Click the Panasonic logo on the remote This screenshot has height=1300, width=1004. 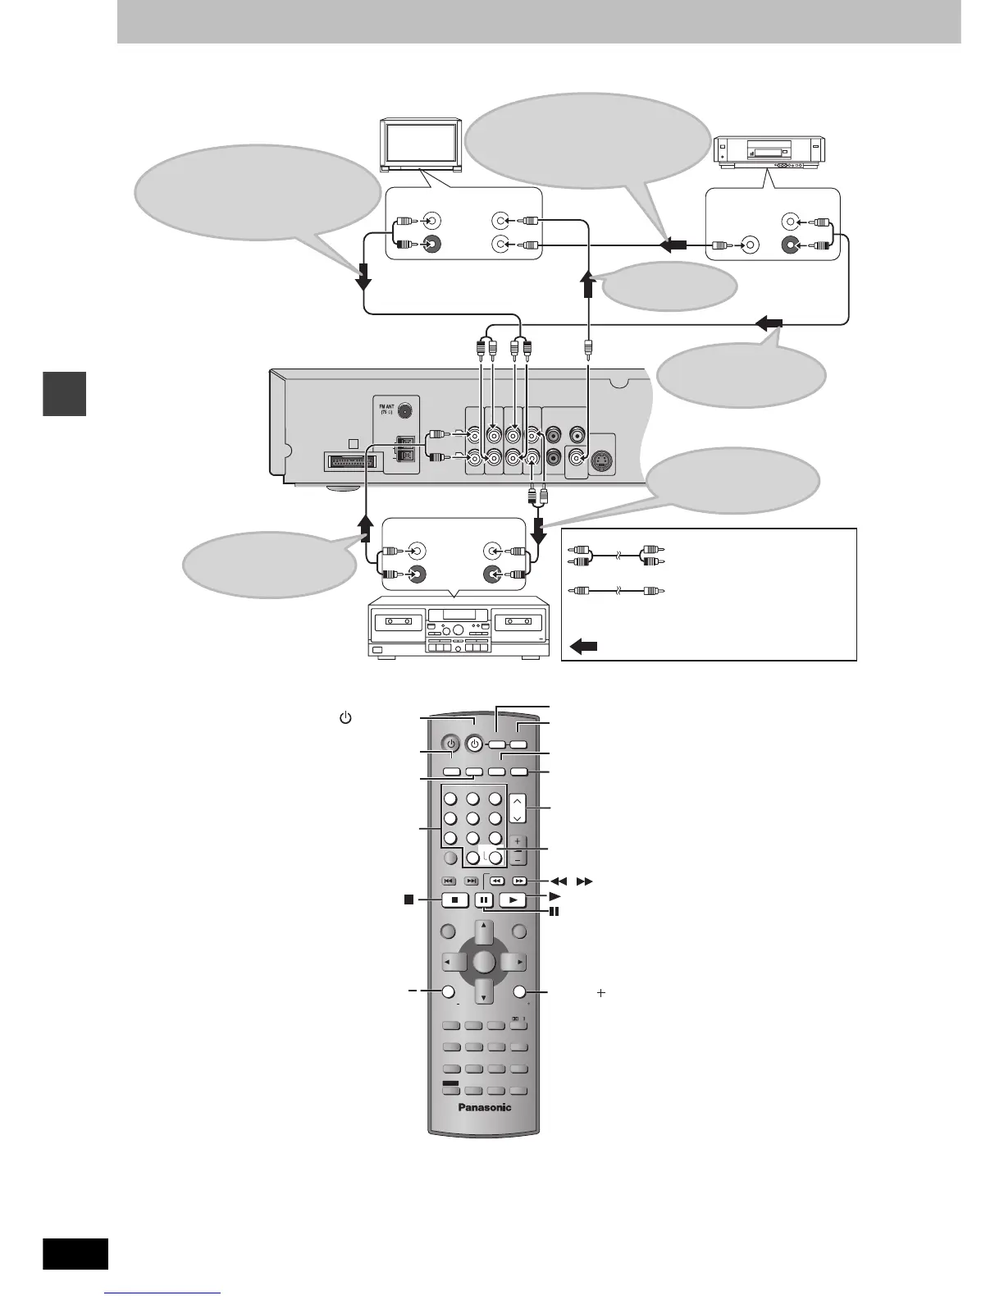click(483, 1107)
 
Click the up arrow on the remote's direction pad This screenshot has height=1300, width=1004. click(484, 931)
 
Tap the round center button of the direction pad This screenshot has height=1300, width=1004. click(484, 962)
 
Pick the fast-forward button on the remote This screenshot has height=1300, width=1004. click(518, 881)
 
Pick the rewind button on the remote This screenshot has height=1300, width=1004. click(495, 881)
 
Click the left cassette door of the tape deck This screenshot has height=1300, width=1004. click(397, 622)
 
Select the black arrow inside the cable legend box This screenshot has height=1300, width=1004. click(583, 646)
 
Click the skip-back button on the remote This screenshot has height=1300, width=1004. click(450, 881)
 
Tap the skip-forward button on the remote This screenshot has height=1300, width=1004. click(472, 881)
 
